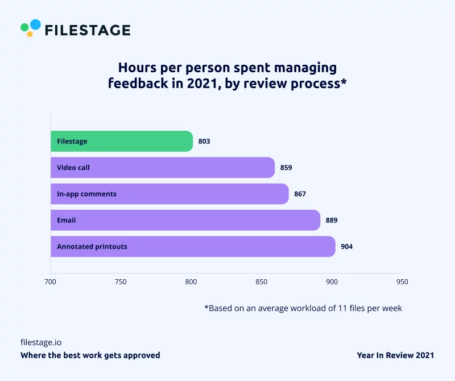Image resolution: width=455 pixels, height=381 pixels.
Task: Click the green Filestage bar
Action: [x=122, y=141]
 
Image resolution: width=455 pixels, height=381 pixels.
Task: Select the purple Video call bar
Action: [x=163, y=168]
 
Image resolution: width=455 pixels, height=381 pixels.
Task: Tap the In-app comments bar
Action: [x=169, y=194]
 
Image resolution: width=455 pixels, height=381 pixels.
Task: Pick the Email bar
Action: [x=185, y=220]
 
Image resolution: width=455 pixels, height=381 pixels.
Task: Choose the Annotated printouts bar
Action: [x=193, y=247]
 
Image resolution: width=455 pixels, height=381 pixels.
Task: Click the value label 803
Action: [x=204, y=141]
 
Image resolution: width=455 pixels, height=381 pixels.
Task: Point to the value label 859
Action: [x=286, y=168]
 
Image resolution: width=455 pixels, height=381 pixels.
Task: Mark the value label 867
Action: [x=300, y=194]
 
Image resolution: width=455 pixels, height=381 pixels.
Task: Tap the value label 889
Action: [x=332, y=220]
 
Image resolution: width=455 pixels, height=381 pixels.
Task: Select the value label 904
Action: [x=347, y=247]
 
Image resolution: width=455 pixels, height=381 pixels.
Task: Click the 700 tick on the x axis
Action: [x=50, y=281]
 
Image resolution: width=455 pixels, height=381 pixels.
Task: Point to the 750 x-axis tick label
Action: [x=121, y=281]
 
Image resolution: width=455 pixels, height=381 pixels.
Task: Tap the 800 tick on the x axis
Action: [x=191, y=281]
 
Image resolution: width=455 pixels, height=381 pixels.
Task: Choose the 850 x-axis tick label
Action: [x=261, y=281]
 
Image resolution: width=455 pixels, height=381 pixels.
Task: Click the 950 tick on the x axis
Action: [x=402, y=281]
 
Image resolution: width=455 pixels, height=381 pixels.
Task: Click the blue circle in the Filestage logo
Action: [x=35, y=24]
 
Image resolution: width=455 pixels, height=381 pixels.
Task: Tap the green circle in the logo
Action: [x=24, y=27]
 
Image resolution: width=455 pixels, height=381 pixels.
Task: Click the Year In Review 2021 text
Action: [x=395, y=355]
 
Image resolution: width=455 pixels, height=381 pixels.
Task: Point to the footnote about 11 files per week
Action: [x=303, y=308]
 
